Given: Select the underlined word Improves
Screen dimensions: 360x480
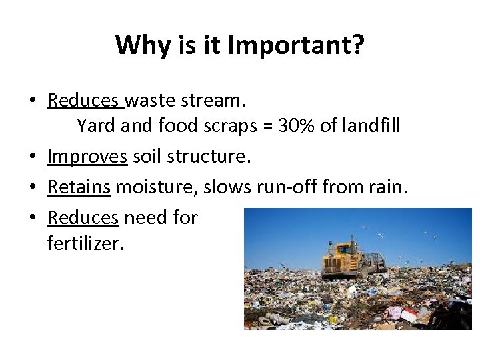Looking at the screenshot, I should pos(87,157).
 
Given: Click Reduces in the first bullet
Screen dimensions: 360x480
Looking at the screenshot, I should pos(85,100).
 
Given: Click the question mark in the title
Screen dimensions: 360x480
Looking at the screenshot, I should pos(357,45).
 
